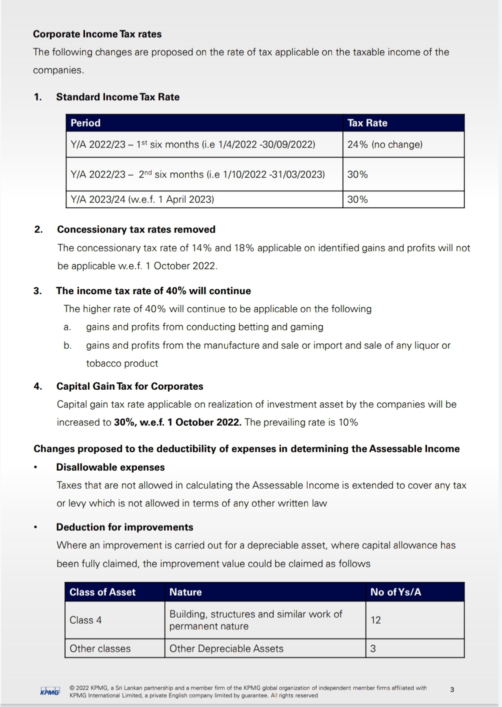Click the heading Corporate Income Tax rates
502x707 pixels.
(x=97, y=34)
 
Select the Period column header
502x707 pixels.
(x=85, y=123)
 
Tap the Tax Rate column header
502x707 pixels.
(x=367, y=123)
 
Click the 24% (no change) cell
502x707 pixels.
(x=385, y=144)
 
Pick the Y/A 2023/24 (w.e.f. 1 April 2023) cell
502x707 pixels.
(x=142, y=199)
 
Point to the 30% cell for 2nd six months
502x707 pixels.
(x=357, y=174)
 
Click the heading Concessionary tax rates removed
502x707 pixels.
(x=136, y=229)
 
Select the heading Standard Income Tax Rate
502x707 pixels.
(x=117, y=97)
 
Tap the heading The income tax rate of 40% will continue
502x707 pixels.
(x=153, y=291)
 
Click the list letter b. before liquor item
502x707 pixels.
(x=67, y=345)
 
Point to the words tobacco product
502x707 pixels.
(x=122, y=363)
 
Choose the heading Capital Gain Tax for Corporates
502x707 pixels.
(x=129, y=386)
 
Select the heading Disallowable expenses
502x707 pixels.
(x=110, y=467)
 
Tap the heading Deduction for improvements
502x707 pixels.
(x=124, y=527)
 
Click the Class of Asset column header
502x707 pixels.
(x=102, y=592)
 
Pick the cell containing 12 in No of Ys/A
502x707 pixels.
(x=376, y=620)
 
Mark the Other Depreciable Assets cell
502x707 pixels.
(x=226, y=649)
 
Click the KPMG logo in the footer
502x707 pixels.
(x=49, y=692)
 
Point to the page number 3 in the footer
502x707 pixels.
(x=452, y=690)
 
